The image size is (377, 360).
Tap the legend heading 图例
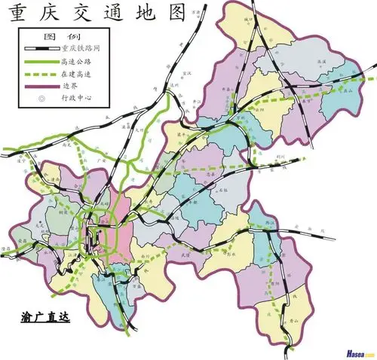coord(57,36)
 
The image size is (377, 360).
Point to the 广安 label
coord(103,160)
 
